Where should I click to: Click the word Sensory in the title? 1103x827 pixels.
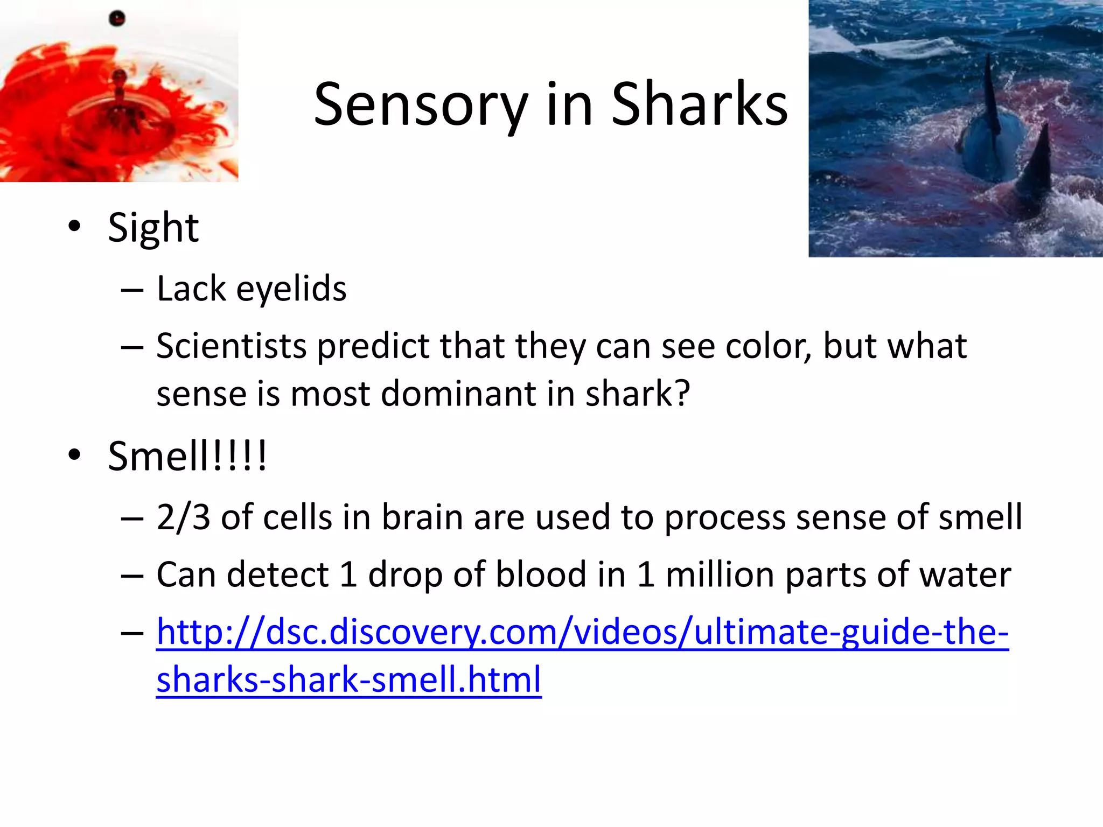421,104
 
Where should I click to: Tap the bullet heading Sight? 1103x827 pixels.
153,228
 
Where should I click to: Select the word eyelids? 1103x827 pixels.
291,289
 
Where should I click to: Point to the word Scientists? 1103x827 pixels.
231,346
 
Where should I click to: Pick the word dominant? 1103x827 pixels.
458,394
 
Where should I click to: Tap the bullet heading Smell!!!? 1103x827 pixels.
186,456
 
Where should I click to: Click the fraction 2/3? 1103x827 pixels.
183,517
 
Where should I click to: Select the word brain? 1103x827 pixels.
422,517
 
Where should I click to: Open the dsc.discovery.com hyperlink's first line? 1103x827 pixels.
582,632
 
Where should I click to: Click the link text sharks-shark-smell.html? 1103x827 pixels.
348,679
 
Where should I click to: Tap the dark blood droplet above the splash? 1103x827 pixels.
117,19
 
